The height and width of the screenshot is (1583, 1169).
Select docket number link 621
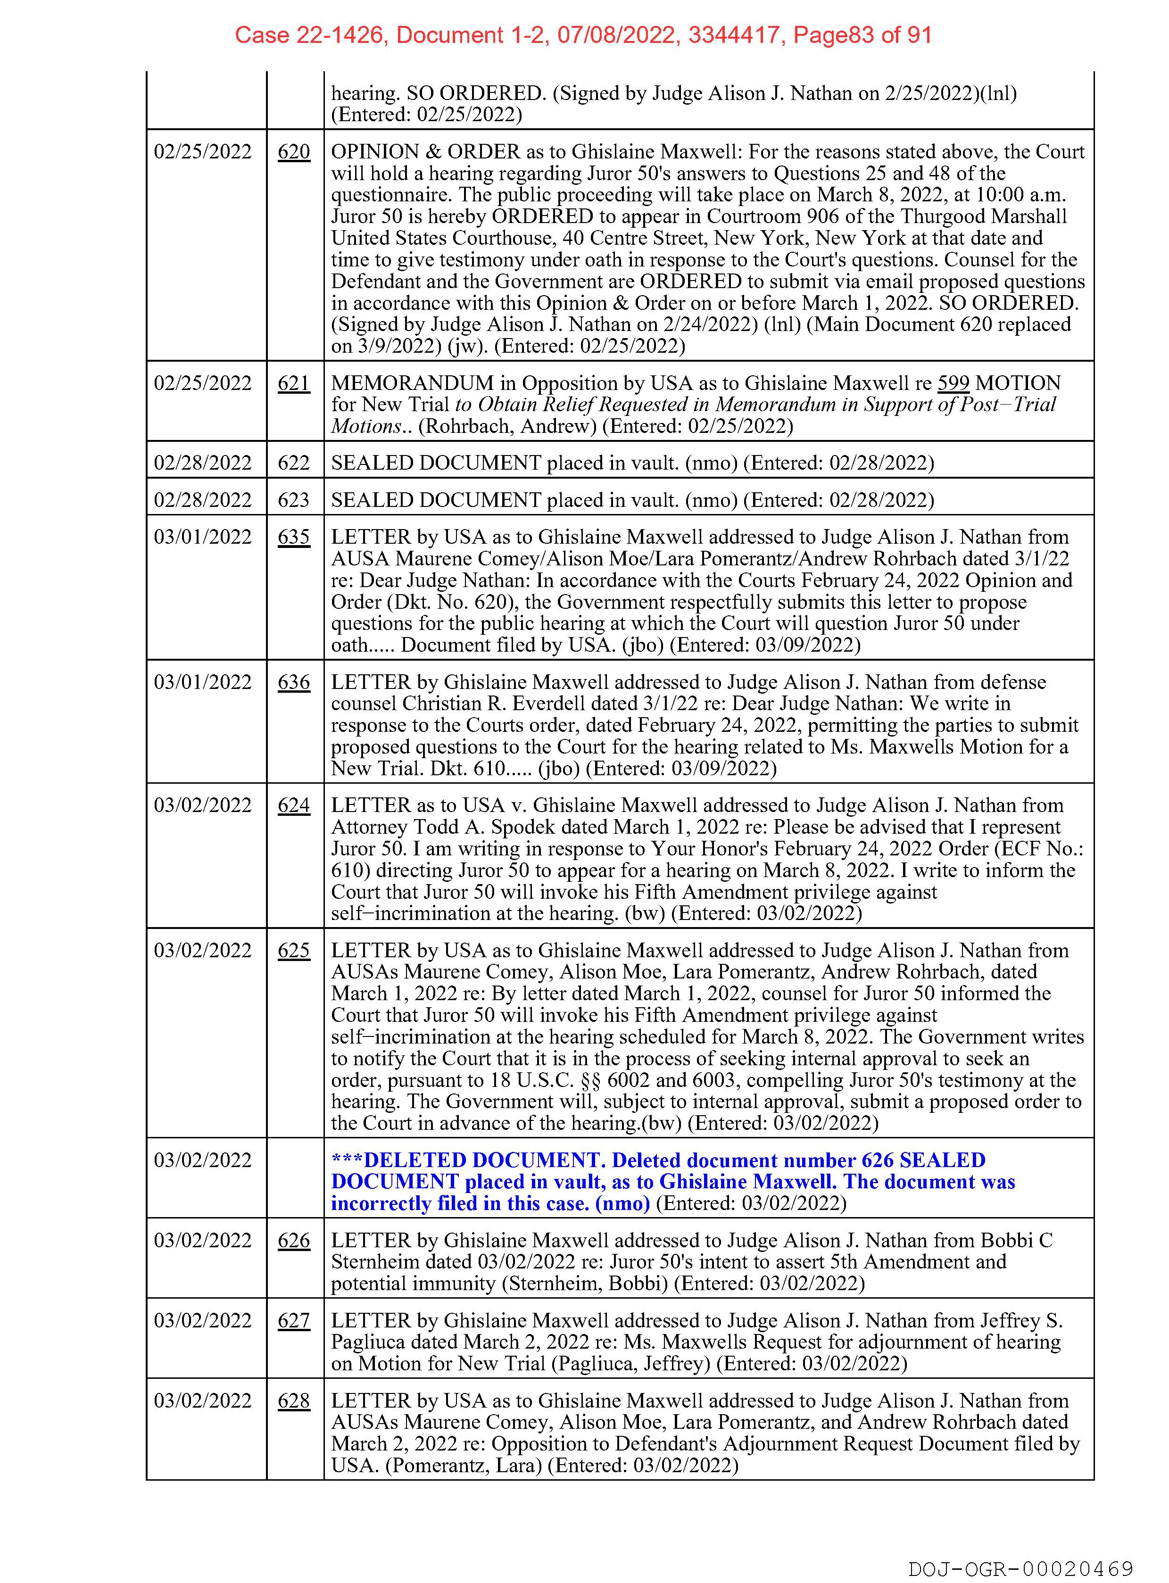click(x=294, y=383)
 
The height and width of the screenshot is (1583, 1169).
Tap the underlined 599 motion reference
click(x=953, y=383)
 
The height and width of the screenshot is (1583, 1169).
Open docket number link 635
click(x=294, y=537)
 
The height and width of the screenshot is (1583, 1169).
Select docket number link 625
click(x=294, y=950)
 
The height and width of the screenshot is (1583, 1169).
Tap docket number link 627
click(x=294, y=1320)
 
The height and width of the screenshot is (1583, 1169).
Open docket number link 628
click(x=294, y=1401)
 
